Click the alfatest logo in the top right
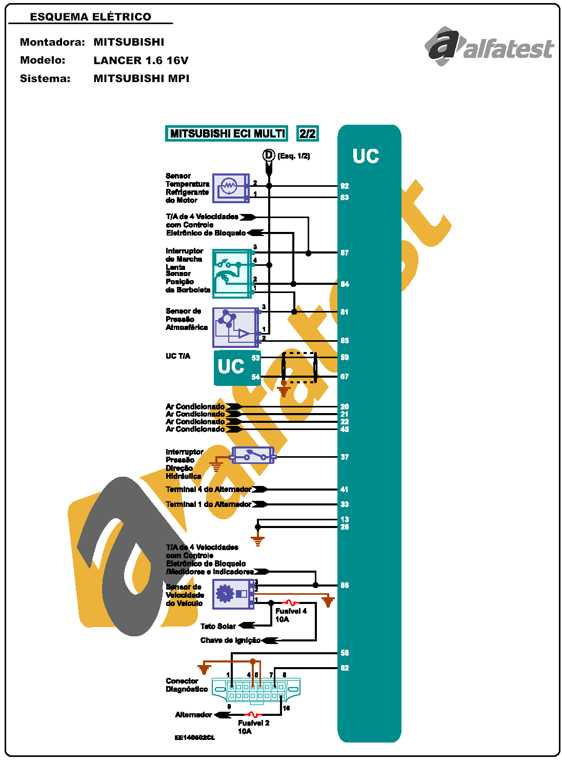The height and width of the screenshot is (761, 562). (490, 46)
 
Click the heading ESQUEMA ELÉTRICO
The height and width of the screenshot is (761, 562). (91, 17)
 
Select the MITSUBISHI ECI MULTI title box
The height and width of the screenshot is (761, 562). (227, 133)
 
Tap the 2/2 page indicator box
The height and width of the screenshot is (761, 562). (308, 133)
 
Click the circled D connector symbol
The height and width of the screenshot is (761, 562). (269, 155)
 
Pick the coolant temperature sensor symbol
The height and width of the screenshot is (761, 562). (231, 188)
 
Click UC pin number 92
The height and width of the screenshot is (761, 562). (345, 186)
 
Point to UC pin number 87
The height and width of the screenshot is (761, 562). (345, 253)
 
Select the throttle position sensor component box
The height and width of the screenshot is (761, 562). (233, 274)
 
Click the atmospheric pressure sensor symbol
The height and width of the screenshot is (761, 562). (235, 327)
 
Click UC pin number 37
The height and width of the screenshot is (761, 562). (345, 457)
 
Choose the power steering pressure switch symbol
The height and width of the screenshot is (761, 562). (253, 455)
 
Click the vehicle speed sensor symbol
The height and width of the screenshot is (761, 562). (233, 594)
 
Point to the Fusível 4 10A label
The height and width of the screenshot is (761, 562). (291, 615)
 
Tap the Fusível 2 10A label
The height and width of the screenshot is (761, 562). (253, 727)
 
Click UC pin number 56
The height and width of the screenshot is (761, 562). (345, 653)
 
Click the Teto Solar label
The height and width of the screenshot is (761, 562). (218, 626)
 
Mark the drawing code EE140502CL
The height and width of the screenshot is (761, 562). (195, 737)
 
